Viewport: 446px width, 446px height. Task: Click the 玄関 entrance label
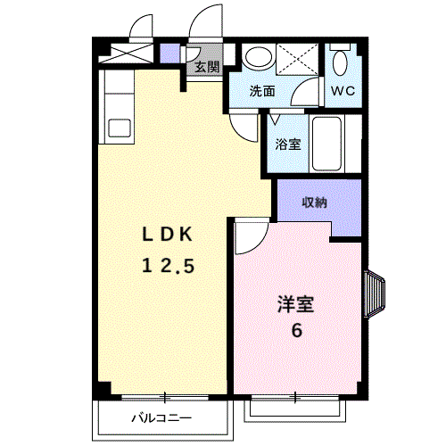(207, 68)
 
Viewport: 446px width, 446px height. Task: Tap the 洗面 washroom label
(262, 91)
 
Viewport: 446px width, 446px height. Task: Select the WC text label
(343, 91)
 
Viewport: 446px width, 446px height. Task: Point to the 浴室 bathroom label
(288, 145)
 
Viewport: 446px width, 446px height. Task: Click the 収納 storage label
(315, 202)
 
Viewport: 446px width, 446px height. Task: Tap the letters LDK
(168, 235)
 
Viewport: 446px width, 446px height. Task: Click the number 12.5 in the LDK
(169, 266)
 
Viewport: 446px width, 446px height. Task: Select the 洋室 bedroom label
(296, 304)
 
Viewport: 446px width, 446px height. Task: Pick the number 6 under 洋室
(297, 330)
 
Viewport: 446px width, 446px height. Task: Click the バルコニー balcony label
(161, 418)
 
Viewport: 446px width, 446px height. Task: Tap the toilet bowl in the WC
(340, 62)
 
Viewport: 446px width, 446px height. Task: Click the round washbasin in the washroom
(257, 56)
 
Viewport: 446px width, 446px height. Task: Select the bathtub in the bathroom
(326, 144)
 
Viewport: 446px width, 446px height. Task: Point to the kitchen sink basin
(119, 128)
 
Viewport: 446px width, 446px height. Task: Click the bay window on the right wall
(374, 293)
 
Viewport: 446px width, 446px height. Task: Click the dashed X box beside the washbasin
(297, 59)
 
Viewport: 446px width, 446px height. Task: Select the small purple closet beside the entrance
(170, 54)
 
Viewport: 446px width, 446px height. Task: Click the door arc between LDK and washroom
(241, 131)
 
